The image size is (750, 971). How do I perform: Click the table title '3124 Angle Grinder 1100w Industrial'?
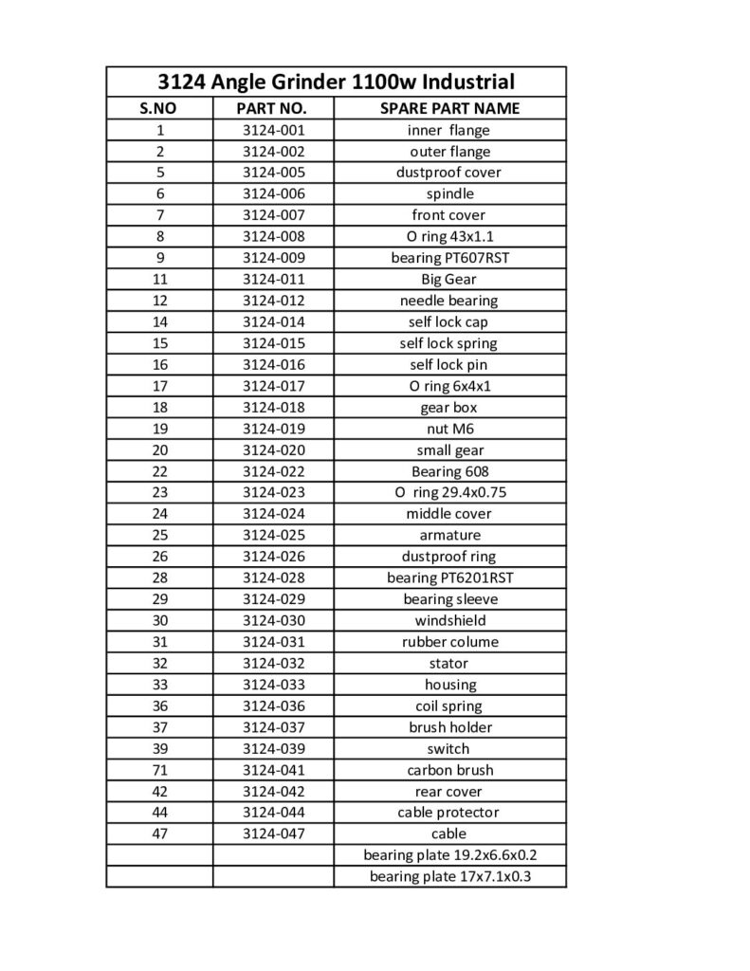click(x=337, y=81)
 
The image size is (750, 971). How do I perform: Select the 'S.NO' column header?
click(x=159, y=108)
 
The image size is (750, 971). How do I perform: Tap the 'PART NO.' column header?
click(x=273, y=108)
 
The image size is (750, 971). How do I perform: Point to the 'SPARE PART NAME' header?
click(x=449, y=108)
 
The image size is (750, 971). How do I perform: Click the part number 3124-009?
click(x=273, y=258)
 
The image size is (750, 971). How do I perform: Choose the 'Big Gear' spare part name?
click(x=449, y=279)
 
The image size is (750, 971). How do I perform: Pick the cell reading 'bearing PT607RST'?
click(x=449, y=258)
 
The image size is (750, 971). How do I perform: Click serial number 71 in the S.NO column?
click(x=159, y=770)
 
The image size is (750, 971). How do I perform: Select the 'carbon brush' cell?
click(x=449, y=770)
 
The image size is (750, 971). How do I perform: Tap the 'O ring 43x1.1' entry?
click(x=449, y=236)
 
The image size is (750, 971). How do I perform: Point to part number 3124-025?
click(x=273, y=535)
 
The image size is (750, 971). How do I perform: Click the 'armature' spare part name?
click(x=449, y=535)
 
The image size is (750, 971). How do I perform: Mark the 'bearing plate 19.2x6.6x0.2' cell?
click(x=449, y=855)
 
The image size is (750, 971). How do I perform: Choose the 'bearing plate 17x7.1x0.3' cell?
click(x=449, y=876)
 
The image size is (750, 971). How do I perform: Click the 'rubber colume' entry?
click(x=449, y=642)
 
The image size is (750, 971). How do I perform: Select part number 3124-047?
click(x=273, y=834)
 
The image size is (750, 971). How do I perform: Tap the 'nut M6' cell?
click(x=449, y=429)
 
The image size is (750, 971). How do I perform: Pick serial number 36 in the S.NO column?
click(x=159, y=705)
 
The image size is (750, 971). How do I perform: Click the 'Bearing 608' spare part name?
click(x=449, y=471)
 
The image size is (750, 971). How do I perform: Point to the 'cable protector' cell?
click(x=449, y=813)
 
